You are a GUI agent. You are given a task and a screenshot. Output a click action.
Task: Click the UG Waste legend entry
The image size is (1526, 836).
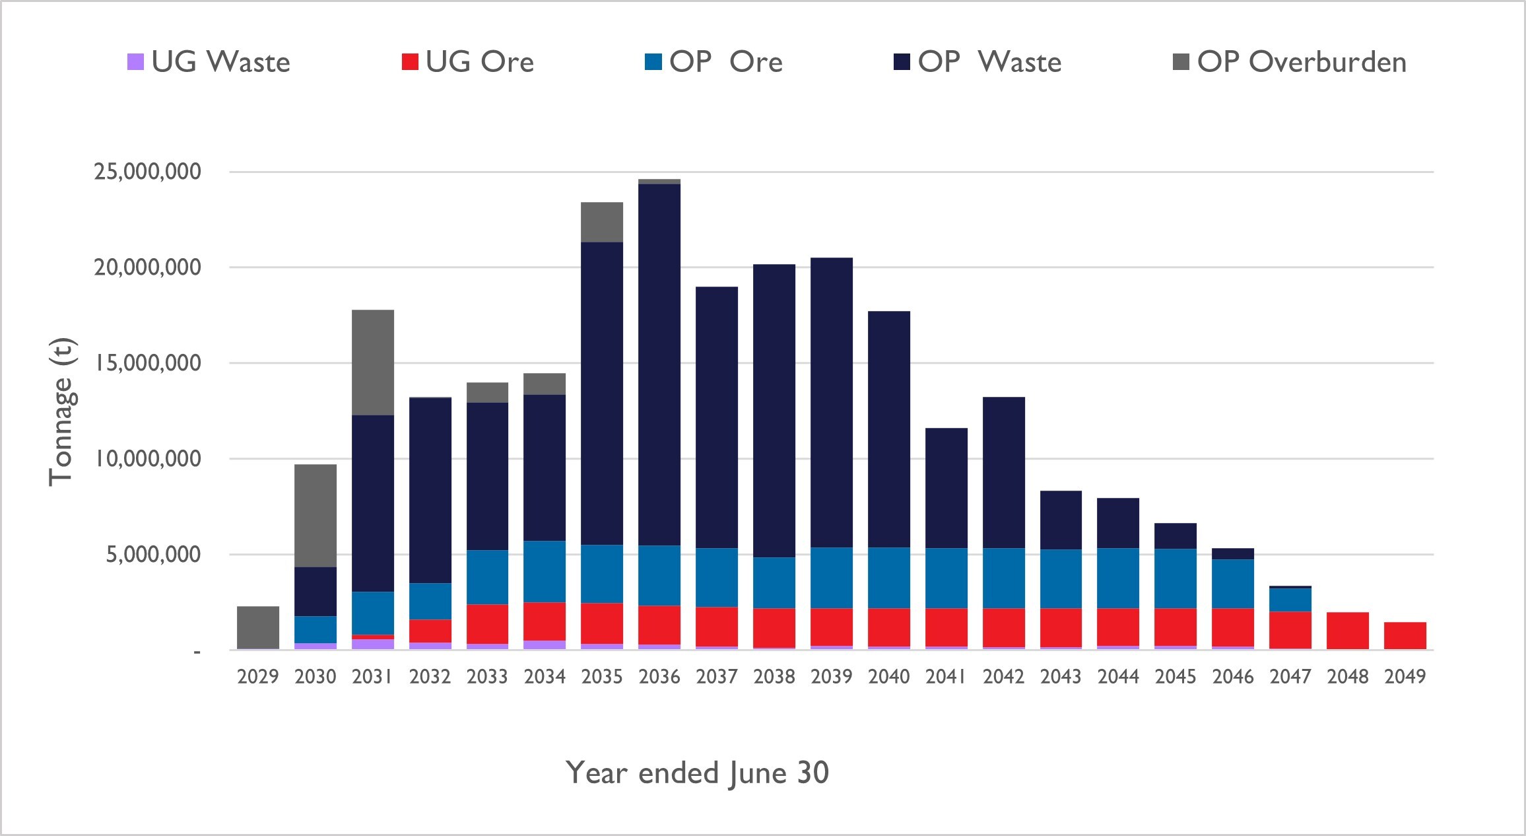click(x=209, y=62)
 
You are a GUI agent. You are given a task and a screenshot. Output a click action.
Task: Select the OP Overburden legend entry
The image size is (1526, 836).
click(x=1290, y=62)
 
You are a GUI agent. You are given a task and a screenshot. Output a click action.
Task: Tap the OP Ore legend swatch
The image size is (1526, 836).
click(x=653, y=62)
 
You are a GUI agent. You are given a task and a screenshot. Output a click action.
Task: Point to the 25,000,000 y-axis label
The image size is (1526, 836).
click(x=148, y=172)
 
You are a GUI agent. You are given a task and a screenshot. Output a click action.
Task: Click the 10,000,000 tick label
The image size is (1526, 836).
click(x=148, y=458)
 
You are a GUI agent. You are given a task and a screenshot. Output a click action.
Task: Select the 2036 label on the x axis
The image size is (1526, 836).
click(x=659, y=676)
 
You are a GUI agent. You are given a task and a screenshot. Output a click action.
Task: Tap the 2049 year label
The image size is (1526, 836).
click(x=1405, y=676)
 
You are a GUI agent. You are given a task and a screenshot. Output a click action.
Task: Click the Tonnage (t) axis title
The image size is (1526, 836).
click(x=62, y=412)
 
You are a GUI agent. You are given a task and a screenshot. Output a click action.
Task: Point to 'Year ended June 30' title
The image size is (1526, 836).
click(x=697, y=773)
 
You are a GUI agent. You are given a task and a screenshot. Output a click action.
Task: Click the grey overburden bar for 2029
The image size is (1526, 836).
click(x=258, y=627)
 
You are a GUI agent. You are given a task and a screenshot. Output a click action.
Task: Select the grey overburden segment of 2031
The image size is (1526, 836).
click(x=373, y=362)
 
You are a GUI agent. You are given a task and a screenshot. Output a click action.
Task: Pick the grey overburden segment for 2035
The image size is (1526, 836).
click(x=602, y=222)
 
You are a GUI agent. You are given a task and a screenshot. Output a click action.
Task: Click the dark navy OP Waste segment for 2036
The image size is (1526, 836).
click(x=659, y=363)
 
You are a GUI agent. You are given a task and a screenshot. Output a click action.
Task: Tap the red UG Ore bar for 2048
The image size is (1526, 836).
click(x=1348, y=631)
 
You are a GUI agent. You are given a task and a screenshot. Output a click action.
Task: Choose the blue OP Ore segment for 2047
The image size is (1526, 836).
click(x=1290, y=599)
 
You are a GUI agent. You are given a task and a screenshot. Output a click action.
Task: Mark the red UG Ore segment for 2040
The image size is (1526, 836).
click(x=889, y=627)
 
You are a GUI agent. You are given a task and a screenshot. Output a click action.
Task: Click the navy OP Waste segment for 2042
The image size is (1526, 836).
click(x=1004, y=472)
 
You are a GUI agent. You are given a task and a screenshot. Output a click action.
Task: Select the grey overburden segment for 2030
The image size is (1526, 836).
click(x=315, y=515)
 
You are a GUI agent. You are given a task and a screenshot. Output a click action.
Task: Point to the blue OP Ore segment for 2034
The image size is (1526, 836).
click(x=545, y=571)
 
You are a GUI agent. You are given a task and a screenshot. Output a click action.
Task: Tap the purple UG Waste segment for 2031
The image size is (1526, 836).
click(x=373, y=644)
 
